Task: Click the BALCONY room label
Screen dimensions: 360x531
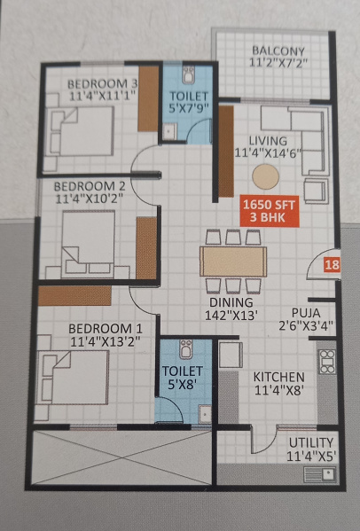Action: click(278, 51)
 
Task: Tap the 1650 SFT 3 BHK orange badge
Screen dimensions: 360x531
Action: click(270, 211)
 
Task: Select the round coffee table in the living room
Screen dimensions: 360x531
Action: click(265, 176)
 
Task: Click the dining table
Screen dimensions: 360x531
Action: click(233, 262)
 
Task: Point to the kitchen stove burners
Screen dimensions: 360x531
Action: click(327, 362)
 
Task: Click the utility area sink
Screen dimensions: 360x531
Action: click(319, 474)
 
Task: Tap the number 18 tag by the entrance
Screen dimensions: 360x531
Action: click(332, 264)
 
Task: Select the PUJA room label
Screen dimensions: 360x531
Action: click(306, 312)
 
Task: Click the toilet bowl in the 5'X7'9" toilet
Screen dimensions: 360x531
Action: click(189, 74)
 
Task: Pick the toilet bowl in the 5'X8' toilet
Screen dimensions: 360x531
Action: click(186, 349)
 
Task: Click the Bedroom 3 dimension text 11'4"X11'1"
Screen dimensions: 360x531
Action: click(103, 96)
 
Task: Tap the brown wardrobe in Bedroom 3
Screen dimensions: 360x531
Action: click(148, 98)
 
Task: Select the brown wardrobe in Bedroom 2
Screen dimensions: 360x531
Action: click(146, 248)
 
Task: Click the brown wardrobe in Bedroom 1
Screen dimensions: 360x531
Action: click(74, 295)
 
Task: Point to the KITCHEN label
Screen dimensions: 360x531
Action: click(278, 378)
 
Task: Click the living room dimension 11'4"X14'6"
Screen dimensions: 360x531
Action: click(268, 152)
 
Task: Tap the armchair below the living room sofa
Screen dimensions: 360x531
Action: click(316, 191)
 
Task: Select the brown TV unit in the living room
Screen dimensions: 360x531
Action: click(226, 152)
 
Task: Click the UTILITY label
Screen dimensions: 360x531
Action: click(311, 442)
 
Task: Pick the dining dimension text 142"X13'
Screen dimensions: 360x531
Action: click(231, 316)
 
